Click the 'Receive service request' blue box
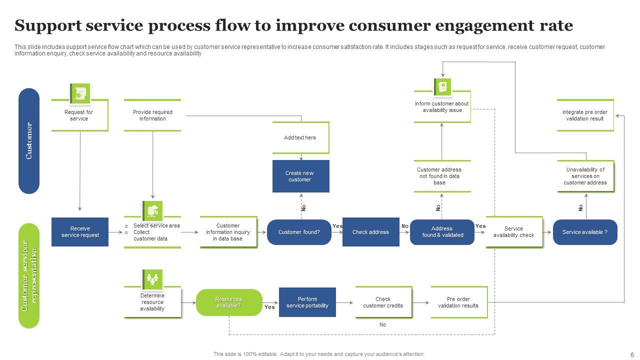80,232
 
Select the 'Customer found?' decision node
299,232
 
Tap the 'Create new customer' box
300,176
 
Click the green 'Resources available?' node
229,302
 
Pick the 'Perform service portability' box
307,302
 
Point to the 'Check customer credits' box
383,302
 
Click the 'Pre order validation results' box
458,302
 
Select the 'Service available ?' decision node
585,232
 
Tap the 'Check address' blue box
370,232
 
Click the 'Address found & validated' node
442,232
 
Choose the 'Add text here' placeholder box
300,137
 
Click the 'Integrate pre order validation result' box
585,115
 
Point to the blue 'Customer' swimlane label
29,141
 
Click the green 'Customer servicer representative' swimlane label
29,275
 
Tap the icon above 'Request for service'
80,93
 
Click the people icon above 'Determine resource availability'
152,279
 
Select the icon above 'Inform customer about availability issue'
442,86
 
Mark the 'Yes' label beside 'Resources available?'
269,307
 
